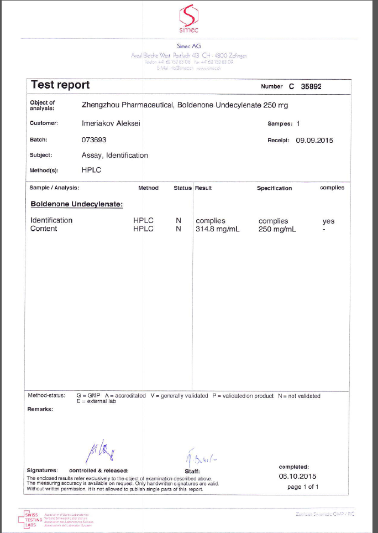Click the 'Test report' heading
(60, 85)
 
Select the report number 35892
(311, 86)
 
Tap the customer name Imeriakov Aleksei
(111, 123)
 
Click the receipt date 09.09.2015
(314, 140)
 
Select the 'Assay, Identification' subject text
(114, 156)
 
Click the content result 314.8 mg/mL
(217, 229)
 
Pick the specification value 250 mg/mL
(277, 229)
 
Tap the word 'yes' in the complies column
(328, 221)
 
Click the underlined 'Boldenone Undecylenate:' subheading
(76, 204)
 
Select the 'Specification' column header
(274, 188)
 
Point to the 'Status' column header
(182, 188)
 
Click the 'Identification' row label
(51, 220)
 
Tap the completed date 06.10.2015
(297, 476)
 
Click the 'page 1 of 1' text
(303, 487)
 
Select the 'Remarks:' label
(40, 410)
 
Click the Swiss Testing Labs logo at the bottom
(32, 518)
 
